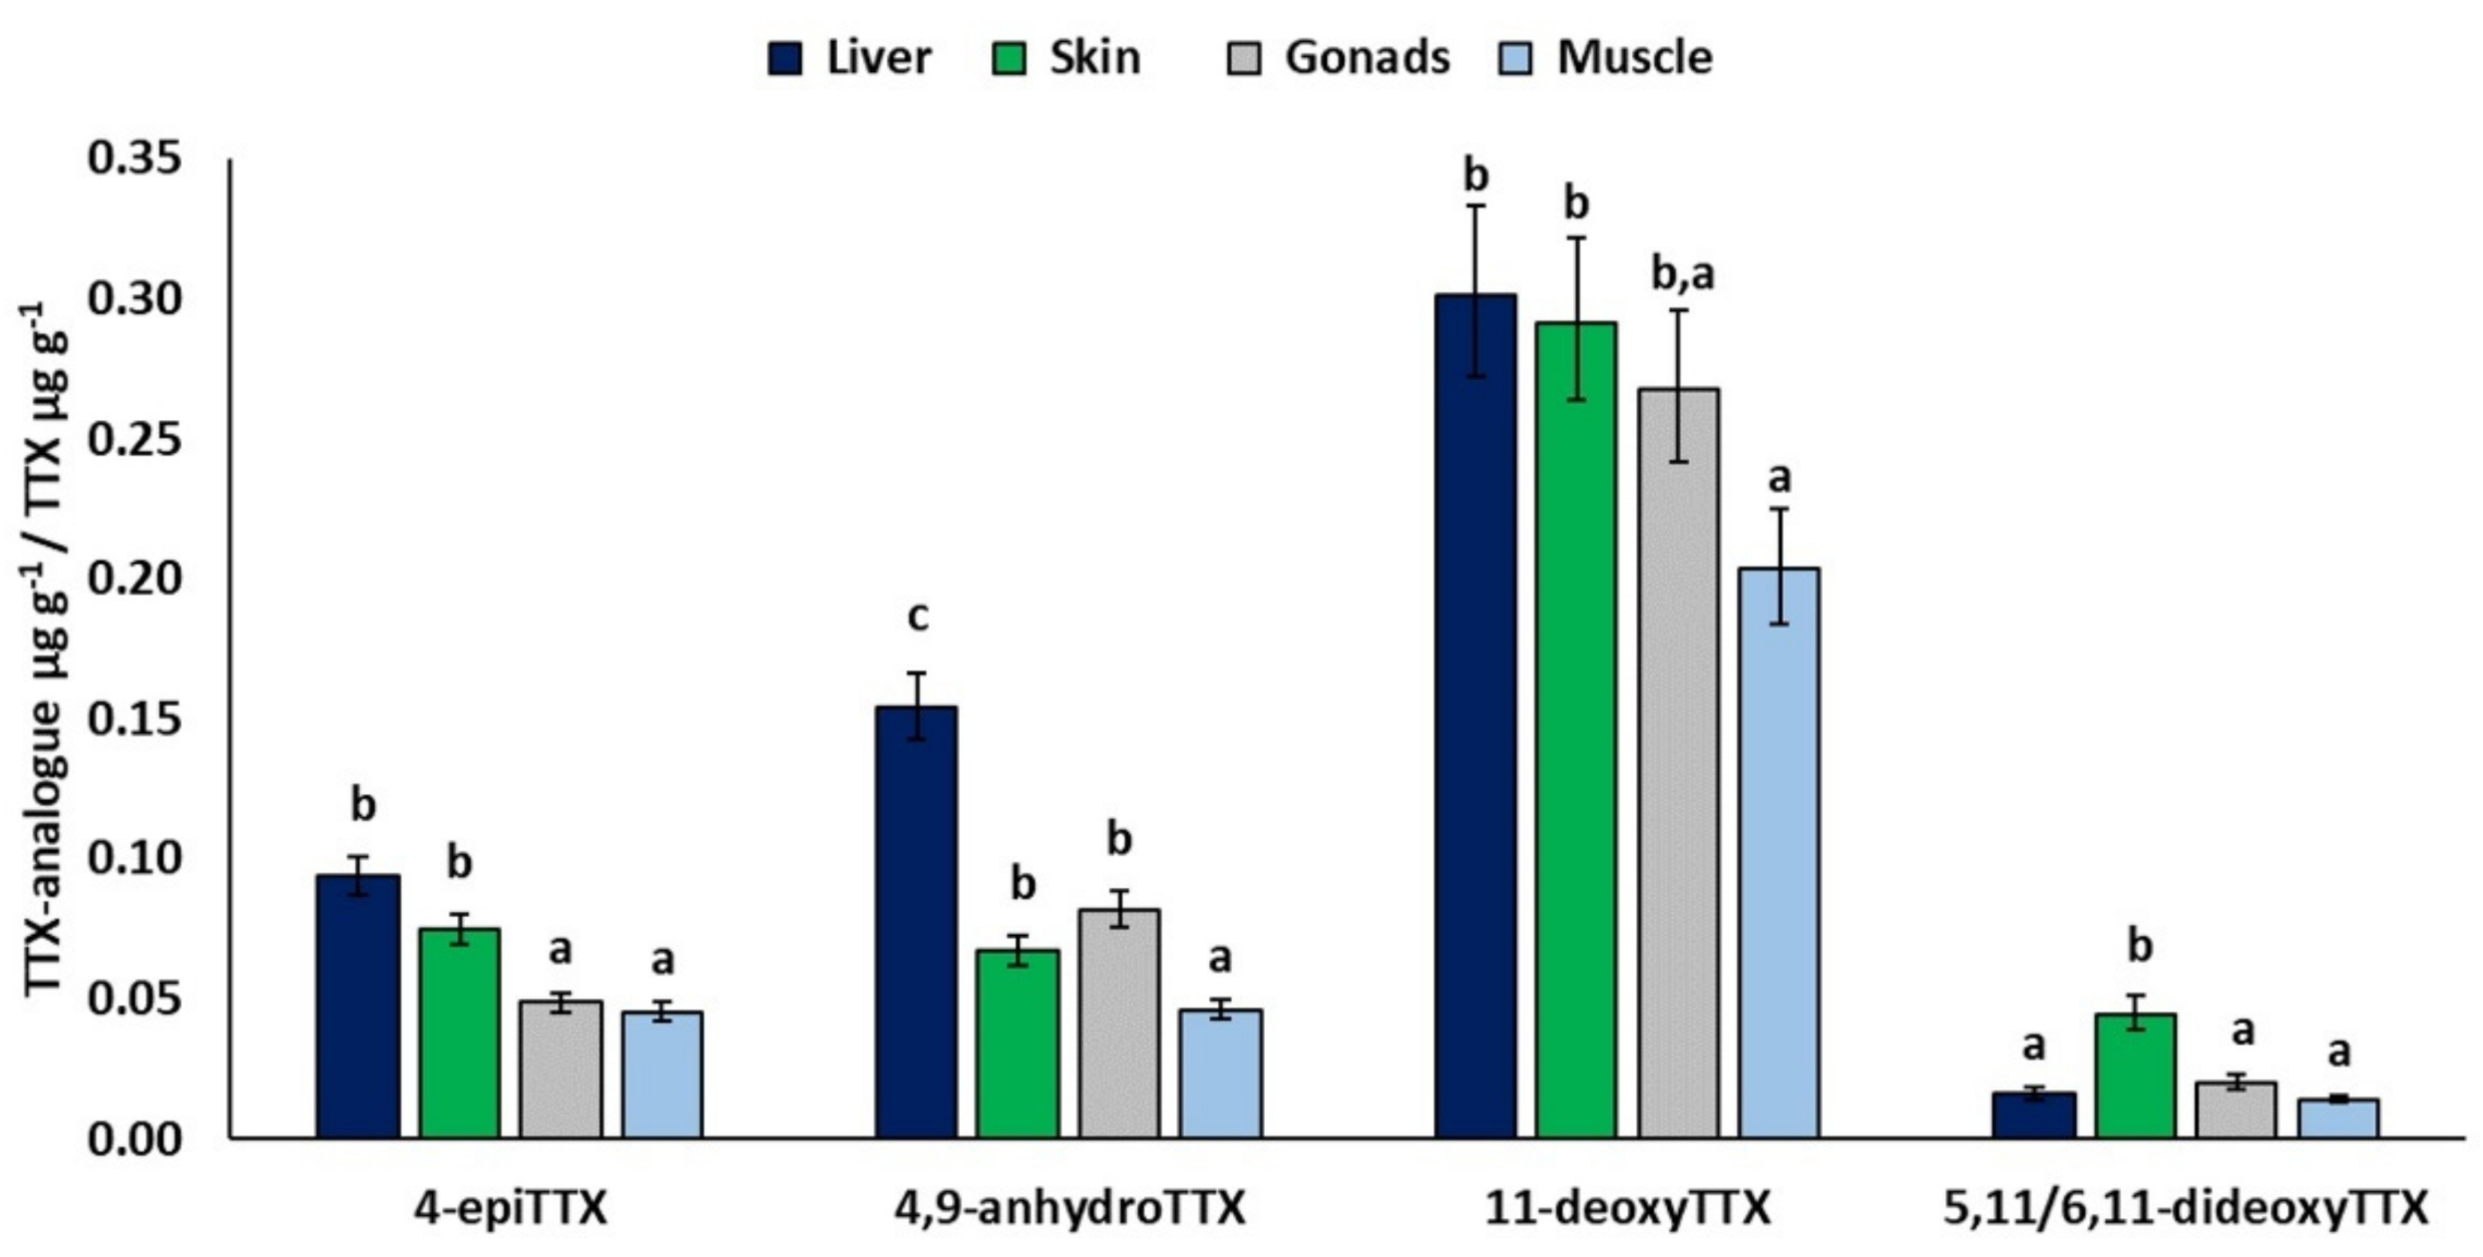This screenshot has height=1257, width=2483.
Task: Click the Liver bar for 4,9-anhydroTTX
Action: pyautogui.click(x=916, y=923)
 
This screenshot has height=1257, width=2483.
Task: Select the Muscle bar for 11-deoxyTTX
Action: pyautogui.click(x=1779, y=853)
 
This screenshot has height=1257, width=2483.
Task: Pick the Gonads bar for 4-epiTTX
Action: pyautogui.click(x=561, y=1069)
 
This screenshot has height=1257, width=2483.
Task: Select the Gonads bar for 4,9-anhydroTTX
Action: pyautogui.click(x=1118, y=1023)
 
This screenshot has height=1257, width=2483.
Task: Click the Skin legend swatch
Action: pyautogui.click(x=1009, y=58)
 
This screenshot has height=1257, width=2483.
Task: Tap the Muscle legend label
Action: pyautogui.click(x=1634, y=58)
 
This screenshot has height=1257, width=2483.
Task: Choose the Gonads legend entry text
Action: pyautogui.click(x=1367, y=58)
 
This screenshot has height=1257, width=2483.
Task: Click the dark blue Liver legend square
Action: pyautogui.click(x=785, y=58)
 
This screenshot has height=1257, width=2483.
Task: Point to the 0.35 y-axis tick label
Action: pyautogui.click(x=135, y=159)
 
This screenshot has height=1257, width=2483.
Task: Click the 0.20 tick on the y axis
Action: pyautogui.click(x=135, y=579)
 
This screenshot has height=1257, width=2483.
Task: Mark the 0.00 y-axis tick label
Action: pyautogui.click(x=135, y=1139)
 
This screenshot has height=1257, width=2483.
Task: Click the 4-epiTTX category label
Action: pyautogui.click(x=511, y=1209)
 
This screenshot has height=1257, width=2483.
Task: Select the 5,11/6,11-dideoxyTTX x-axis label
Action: pyautogui.click(x=2185, y=1209)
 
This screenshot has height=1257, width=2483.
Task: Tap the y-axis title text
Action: pyautogui.click(x=45, y=648)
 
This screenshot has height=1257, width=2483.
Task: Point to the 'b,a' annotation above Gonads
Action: pyautogui.click(x=1682, y=273)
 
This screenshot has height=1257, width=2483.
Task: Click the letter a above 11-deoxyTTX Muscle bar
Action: pyautogui.click(x=1779, y=479)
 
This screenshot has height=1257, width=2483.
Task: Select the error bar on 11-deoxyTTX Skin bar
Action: pyautogui.click(x=1576, y=318)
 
